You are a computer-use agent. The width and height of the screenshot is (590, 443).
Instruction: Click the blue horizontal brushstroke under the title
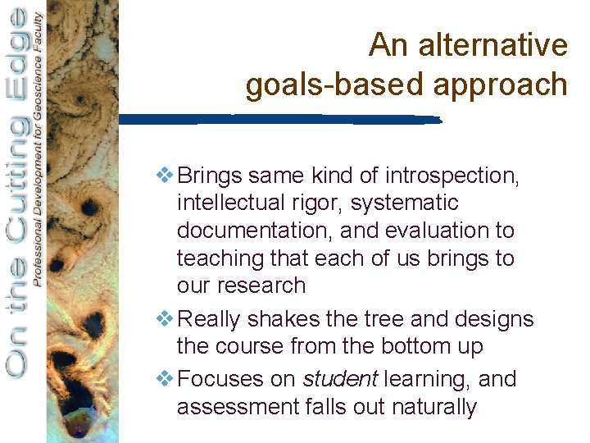(x=279, y=120)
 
